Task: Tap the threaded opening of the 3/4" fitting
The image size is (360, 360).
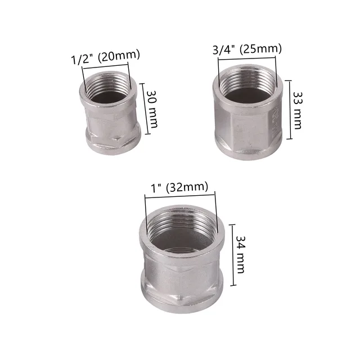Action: coord(246,87)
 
